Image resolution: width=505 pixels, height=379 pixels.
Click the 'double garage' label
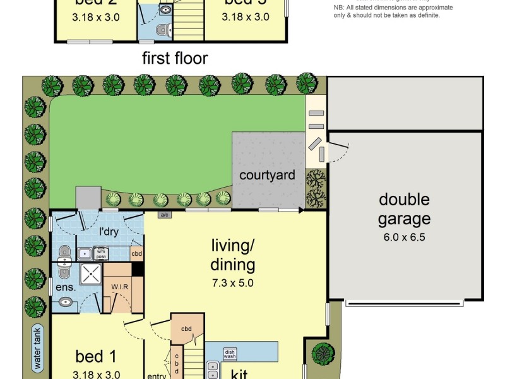pyautogui.click(x=404, y=210)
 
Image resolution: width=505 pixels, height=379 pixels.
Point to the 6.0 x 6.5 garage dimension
pyautogui.click(x=404, y=238)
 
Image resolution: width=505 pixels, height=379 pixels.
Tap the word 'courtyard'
pyautogui.click(x=267, y=175)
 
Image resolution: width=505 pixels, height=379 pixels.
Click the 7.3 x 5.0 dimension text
pyautogui.click(x=232, y=283)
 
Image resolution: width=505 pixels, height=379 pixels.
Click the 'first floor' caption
pyautogui.click(x=175, y=59)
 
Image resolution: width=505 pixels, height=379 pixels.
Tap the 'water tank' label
pyautogui.click(x=38, y=347)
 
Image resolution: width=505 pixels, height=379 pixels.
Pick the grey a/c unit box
pyautogui.click(x=165, y=215)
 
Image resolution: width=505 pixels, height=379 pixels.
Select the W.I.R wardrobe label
pyautogui.click(x=121, y=287)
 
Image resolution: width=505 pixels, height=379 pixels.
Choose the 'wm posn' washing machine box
pyautogui.click(x=102, y=253)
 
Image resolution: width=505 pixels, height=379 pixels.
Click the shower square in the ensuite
pyautogui.click(x=90, y=275)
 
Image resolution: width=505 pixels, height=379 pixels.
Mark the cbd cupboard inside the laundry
pyautogui.click(x=136, y=253)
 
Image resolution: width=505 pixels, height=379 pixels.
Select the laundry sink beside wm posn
pyautogui.click(x=85, y=253)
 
